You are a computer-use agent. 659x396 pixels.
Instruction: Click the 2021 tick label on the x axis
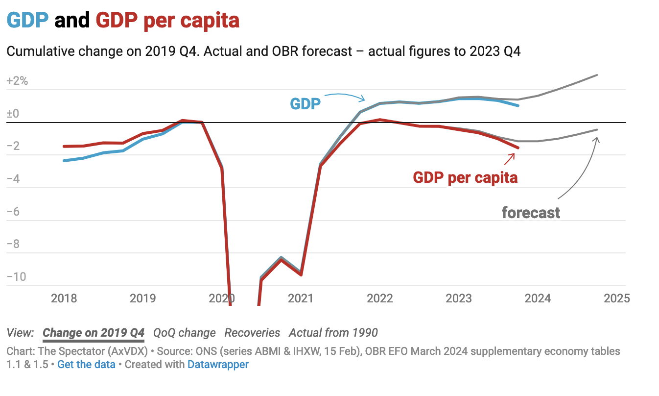[x=300, y=298]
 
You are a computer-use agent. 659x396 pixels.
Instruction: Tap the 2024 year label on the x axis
[x=537, y=298]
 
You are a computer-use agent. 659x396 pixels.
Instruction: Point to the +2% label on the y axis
[x=17, y=81]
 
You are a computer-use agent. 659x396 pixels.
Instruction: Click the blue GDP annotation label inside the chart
[x=305, y=104]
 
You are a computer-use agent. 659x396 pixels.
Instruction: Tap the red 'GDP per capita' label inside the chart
[x=465, y=177]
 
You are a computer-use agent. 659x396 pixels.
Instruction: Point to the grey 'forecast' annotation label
[x=531, y=213]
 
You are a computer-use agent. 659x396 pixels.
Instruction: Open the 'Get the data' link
[x=86, y=364]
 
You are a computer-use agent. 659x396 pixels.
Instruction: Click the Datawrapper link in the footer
[x=218, y=364]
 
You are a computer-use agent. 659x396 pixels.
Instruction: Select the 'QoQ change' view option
[x=184, y=333]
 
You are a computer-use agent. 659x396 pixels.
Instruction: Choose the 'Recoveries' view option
[x=252, y=333]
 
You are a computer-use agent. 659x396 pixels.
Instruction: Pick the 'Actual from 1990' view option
[x=333, y=333]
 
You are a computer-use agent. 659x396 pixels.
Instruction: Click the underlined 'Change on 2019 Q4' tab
[x=94, y=333]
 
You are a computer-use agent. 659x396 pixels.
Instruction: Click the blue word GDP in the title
[x=27, y=21]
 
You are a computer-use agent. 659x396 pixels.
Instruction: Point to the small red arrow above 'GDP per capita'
[x=510, y=158]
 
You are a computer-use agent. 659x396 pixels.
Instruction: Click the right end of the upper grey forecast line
[x=597, y=75]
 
